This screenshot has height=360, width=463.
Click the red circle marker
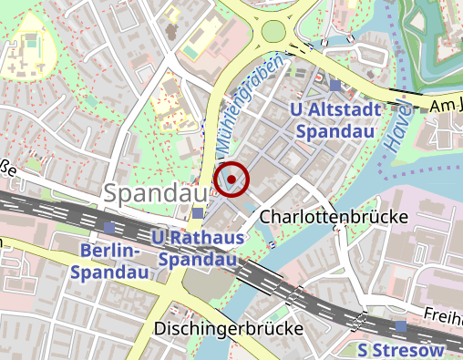[232, 179]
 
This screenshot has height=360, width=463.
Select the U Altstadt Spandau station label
[333, 121]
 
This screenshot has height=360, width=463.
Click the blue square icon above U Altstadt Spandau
[335, 86]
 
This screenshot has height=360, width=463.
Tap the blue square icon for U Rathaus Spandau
[199, 213]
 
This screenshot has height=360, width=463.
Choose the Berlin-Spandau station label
[108, 261]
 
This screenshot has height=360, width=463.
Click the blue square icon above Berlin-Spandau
[109, 227]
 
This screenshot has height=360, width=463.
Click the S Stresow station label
[401, 350]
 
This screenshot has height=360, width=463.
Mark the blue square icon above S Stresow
[401, 325]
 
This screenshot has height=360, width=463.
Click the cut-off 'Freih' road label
[443, 315]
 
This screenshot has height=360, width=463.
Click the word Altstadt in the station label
[343, 111]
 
